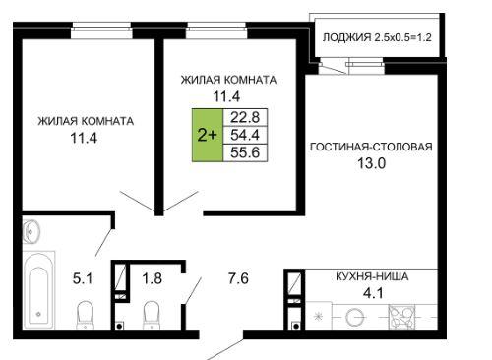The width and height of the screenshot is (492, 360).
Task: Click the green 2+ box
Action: tap(208, 135)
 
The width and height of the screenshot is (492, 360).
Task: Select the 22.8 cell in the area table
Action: tap(245, 117)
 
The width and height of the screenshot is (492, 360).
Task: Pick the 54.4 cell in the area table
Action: tap(245, 135)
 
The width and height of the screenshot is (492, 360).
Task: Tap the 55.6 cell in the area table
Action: tap(245, 152)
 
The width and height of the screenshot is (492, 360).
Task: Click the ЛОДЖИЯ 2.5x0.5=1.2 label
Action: tap(377, 37)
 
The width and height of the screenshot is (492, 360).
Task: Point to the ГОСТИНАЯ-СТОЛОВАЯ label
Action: tap(371, 147)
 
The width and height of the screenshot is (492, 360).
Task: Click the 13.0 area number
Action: tap(371, 163)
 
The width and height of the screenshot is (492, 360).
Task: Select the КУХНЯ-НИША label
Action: tap(372, 276)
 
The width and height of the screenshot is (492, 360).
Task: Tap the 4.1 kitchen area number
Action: tap(373, 293)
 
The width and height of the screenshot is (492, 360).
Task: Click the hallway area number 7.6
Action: tap(238, 278)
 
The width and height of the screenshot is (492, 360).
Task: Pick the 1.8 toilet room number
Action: tap(152, 278)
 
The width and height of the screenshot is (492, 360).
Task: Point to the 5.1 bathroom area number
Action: tap(83, 278)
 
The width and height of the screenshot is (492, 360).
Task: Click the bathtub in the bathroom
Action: tap(38, 290)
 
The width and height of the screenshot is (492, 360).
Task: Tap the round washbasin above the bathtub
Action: tap(31, 231)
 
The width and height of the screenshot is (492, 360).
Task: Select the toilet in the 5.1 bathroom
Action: tap(85, 316)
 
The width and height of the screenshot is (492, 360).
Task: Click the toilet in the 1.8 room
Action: tap(152, 316)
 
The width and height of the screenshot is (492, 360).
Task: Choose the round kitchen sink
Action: tap(355, 317)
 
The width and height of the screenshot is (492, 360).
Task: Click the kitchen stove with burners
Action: tap(401, 317)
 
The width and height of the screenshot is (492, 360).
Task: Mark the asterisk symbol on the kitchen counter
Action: tap(318, 317)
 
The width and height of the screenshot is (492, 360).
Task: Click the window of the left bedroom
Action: tap(101, 30)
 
